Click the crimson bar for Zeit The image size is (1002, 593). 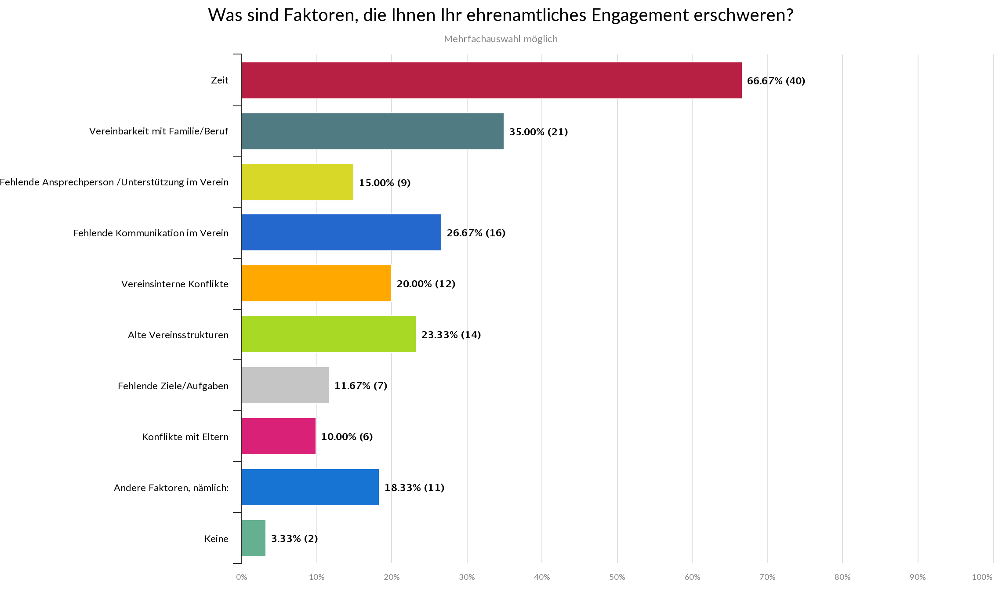coord(491,80)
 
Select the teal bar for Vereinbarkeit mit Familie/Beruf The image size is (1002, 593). coord(372,131)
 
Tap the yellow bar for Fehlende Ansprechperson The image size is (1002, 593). coord(297,182)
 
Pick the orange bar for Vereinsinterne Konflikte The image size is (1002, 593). coord(316,283)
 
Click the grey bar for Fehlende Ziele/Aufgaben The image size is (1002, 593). coord(285,385)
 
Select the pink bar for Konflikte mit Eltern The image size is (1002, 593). coord(278,436)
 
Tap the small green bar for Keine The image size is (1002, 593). coord(253,538)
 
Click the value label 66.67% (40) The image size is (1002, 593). coord(776,81)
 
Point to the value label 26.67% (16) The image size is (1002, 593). coord(476,233)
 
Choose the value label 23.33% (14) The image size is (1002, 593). coord(451,335)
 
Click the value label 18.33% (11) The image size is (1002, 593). coord(414,488)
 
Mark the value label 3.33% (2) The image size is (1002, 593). coord(294,539)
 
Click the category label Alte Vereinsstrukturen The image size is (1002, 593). coord(178,335)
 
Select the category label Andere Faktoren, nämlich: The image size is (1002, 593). coord(171,488)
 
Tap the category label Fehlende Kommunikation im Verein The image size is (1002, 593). coord(151,233)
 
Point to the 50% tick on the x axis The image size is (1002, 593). coord(617,577)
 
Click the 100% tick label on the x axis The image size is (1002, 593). coord(982,577)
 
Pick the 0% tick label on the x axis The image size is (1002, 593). coord(241,577)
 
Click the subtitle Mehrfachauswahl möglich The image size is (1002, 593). coord(501,39)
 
